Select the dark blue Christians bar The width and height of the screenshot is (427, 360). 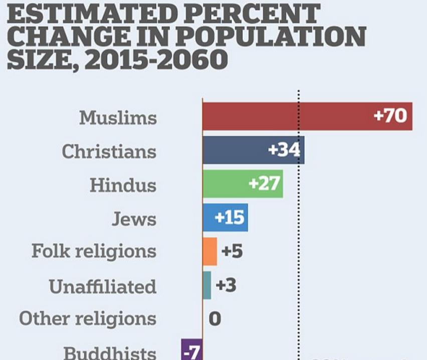pyautogui.click(x=236, y=150)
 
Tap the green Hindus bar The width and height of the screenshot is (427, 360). pyautogui.click(x=226, y=184)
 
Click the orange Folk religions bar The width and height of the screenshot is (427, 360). pyautogui.click(x=210, y=251)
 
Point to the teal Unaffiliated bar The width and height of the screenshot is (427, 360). pyautogui.click(x=207, y=285)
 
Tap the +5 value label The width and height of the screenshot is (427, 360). pyautogui.click(x=232, y=251)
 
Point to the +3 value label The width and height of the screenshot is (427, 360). pyautogui.click(x=226, y=285)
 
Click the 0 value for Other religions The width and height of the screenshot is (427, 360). pyautogui.click(x=215, y=319)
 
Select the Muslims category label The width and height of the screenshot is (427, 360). pyautogui.click(x=118, y=118)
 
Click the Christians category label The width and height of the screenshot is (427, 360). pyautogui.click(x=109, y=151)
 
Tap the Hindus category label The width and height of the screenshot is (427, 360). pyautogui.click(x=123, y=185)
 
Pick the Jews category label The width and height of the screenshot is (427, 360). pyautogui.click(x=134, y=219)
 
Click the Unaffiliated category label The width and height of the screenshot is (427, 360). pyautogui.click(x=103, y=287)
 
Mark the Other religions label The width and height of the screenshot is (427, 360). pyautogui.click(x=88, y=319)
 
